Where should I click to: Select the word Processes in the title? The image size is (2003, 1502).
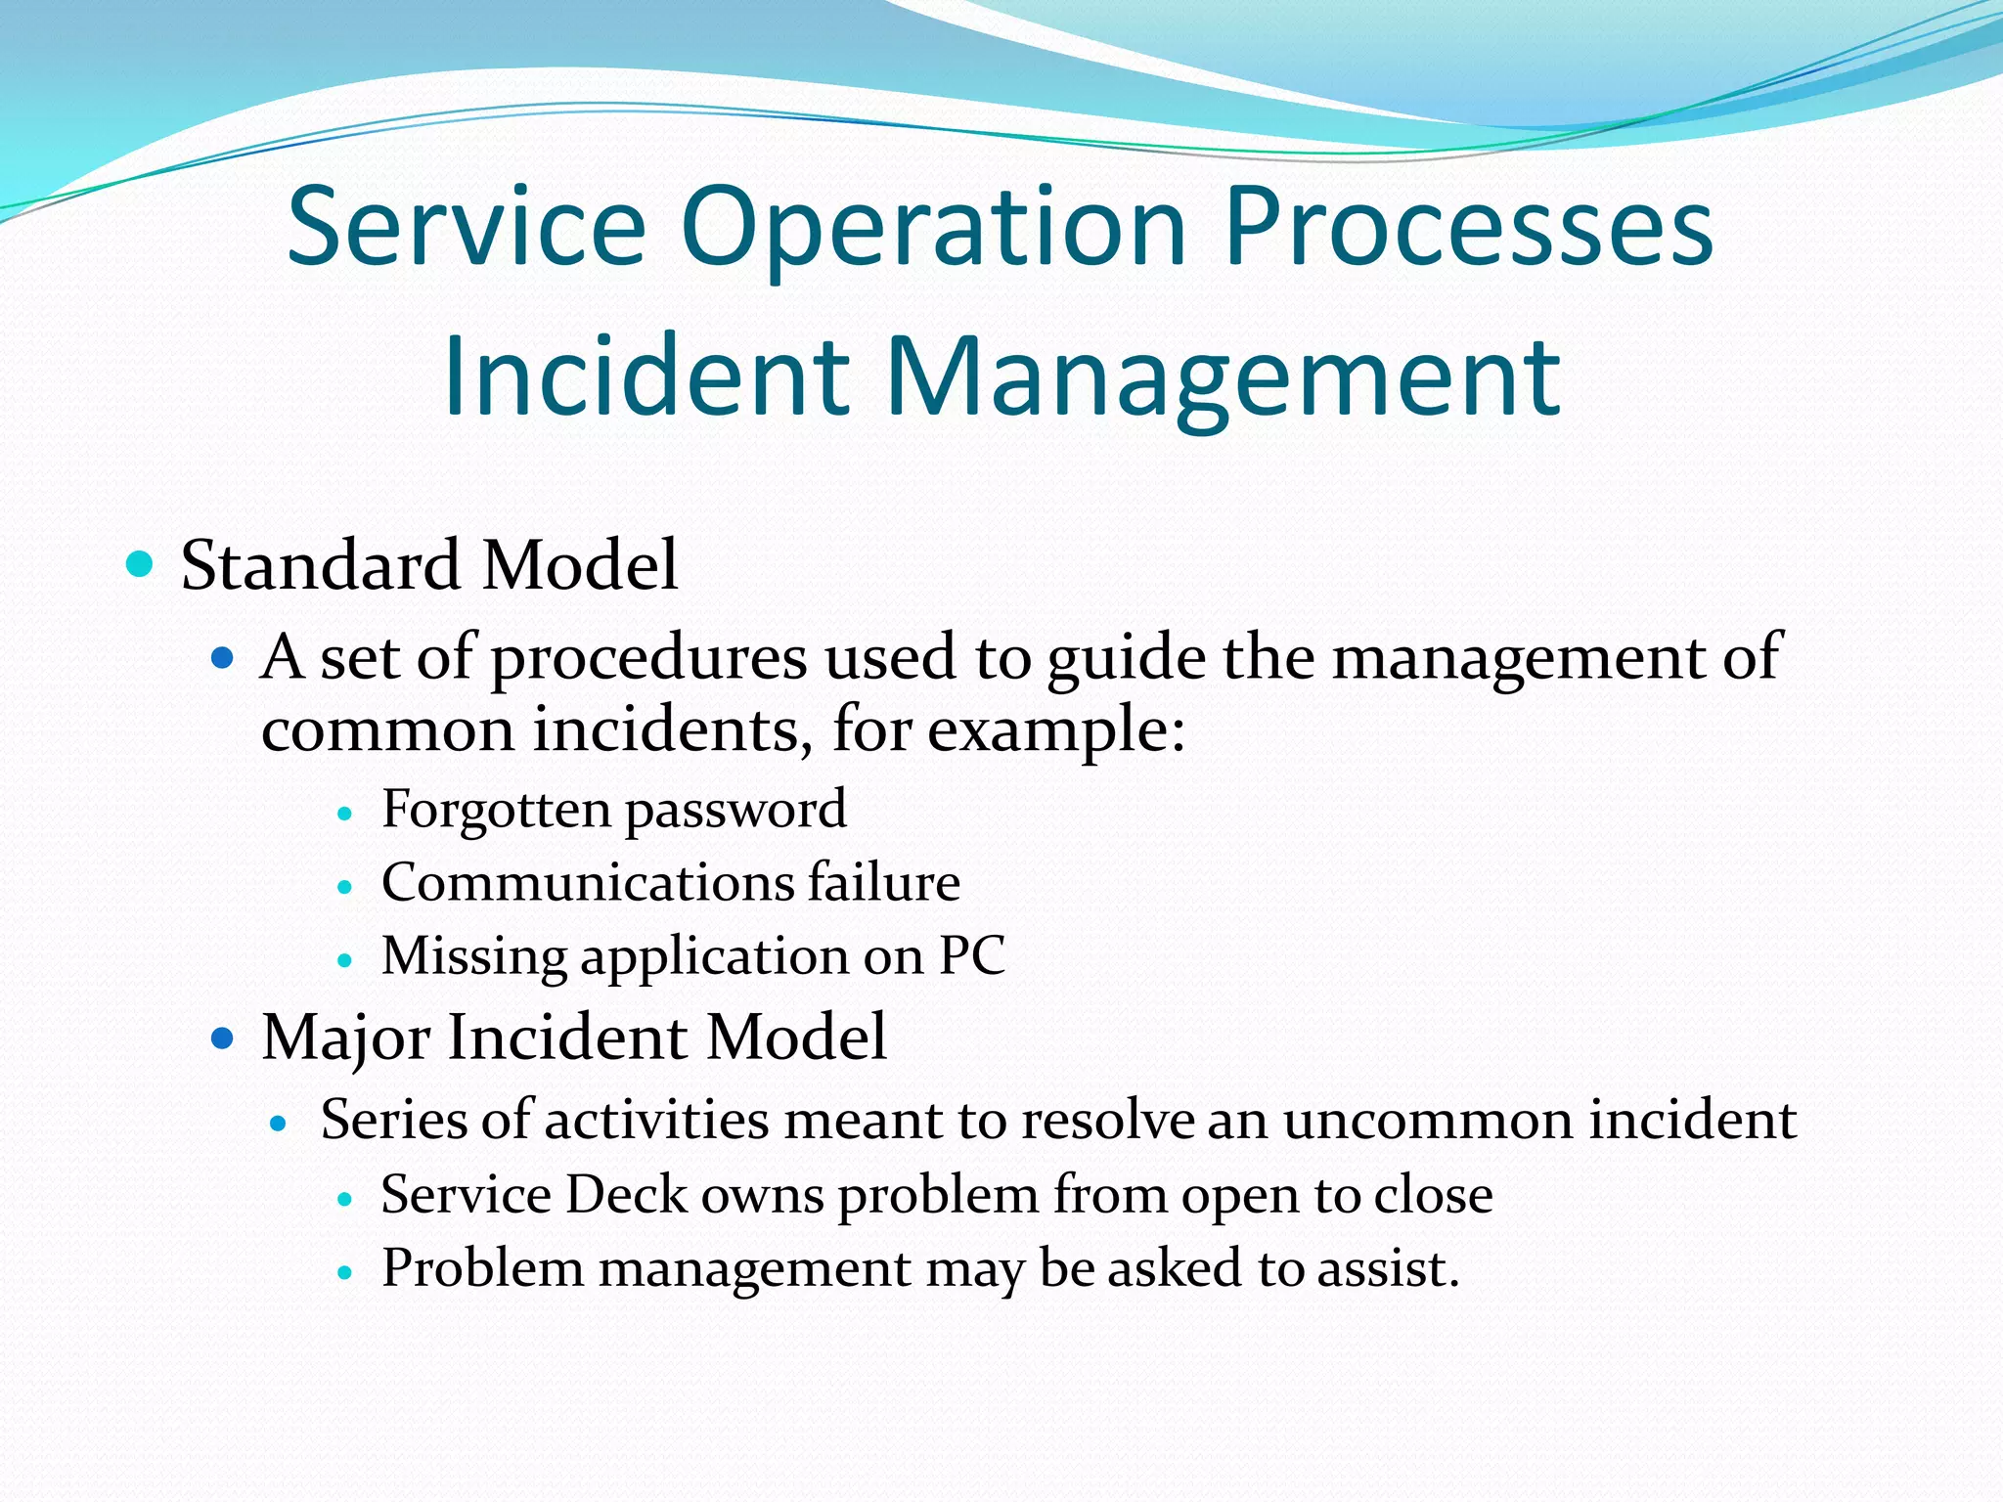(x=1468, y=231)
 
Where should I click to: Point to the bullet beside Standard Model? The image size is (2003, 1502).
(x=141, y=564)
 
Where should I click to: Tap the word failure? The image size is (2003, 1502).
(x=884, y=882)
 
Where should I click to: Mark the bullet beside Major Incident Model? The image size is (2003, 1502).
(x=223, y=1037)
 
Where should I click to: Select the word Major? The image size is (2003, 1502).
(x=345, y=1038)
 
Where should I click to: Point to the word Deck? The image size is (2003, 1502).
(x=626, y=1195)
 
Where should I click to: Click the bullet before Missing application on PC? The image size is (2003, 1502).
(x=343, y=960)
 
